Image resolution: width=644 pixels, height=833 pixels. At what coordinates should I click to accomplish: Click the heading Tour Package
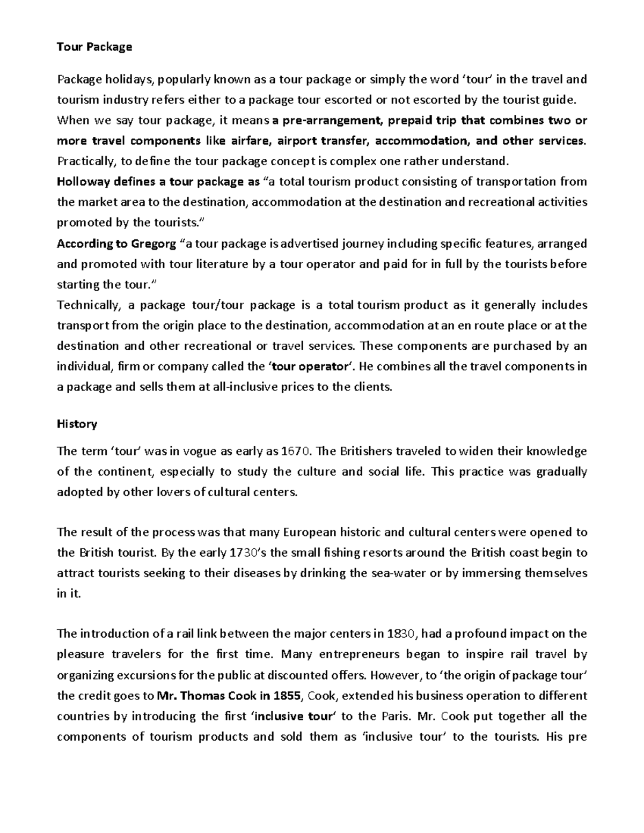click(94, 47)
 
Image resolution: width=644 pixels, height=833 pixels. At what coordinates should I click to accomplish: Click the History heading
click(77, 424)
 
